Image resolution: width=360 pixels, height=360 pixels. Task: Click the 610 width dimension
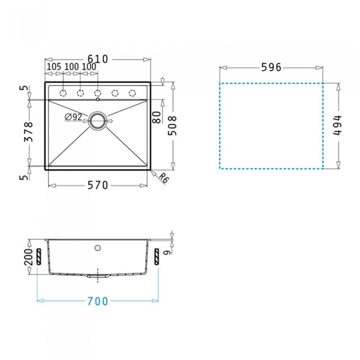point(98,59)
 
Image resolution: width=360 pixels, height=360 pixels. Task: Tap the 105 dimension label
point(54,67)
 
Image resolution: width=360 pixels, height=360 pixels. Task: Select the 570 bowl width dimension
point(98,185)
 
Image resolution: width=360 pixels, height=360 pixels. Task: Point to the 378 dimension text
point(29,132)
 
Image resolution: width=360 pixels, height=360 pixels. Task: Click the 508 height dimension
point(172,125)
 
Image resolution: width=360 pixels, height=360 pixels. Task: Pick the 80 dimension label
point(156,117)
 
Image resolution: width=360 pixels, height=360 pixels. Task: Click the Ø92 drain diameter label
point(74,117)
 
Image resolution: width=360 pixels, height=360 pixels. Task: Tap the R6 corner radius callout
point(164,178)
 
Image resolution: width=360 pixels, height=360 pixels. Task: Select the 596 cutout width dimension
point(271,67)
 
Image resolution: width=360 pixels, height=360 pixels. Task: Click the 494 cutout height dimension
point(337,125)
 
